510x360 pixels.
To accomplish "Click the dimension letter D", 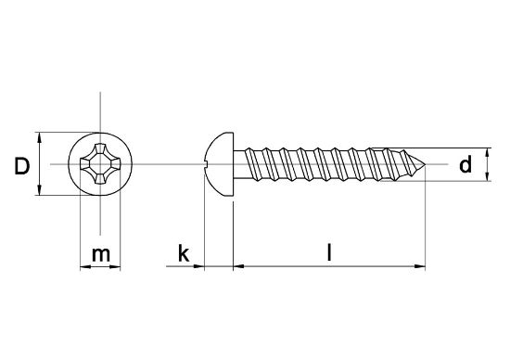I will pyautogui.click(x=19, y=166).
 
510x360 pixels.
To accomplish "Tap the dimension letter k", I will pyautogui.click(x=184, y=253).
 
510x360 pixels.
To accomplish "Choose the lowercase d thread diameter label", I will pyautogui.click(x=466, y=165).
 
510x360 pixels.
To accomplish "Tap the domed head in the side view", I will pyautogui.click(x=218, y=164).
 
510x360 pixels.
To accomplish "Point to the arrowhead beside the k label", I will pyautogui.click(x=198, y=268).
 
